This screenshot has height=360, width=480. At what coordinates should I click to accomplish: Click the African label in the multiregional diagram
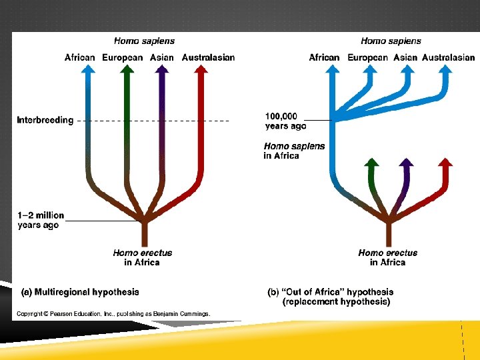click(x=79, y=57)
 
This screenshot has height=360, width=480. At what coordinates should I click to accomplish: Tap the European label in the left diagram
click(x=122, y=57)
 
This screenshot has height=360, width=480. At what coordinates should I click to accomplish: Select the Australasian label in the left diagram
click(x=208, y=57)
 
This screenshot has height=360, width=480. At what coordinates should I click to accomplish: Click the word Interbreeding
click(x=45, y=121)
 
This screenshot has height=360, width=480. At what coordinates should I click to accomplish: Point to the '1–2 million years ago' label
click(x=41, y=220)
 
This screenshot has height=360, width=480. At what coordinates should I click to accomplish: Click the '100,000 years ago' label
click(x=285, y=121)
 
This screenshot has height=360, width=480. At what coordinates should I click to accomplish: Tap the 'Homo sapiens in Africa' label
click(x=294, y=151)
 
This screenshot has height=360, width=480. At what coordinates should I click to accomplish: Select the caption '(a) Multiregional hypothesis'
click(x=79, y=291)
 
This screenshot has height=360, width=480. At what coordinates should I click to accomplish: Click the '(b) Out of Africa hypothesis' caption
click(x=330, y=297)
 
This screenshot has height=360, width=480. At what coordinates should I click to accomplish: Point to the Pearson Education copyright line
click(x=113, y=313)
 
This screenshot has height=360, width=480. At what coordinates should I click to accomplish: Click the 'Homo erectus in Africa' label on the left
click(x=142, y=257)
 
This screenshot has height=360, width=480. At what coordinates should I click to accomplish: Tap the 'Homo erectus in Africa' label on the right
click(x=387, y=257)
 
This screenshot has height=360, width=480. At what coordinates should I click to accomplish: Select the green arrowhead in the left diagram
click(x=128, y=70)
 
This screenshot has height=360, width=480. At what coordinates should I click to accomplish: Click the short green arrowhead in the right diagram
click(x=372, y=163)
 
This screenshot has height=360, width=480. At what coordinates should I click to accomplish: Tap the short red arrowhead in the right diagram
click(x=445, y=163)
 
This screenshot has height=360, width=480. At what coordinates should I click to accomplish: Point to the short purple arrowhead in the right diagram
click(x=406, y=163)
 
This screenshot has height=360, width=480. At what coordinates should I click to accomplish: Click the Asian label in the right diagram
click(x=405, y=57)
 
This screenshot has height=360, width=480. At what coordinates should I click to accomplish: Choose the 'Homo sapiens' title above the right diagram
click(x=391, y=41)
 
